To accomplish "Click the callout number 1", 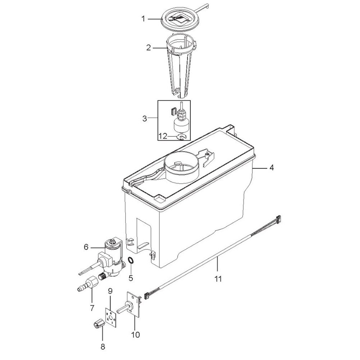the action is pos(144,19).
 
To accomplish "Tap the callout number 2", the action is pos(149,48).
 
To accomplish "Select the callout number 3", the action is pos(145,119).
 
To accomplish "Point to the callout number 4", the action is pos(271,168).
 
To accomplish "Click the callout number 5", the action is pos(131,278).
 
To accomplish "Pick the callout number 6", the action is pos(86,248).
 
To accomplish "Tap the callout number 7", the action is pos(92,308).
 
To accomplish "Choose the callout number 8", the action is pos(103,346).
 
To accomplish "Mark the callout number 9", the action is pos(110,291).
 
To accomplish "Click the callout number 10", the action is pos(135,334).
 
